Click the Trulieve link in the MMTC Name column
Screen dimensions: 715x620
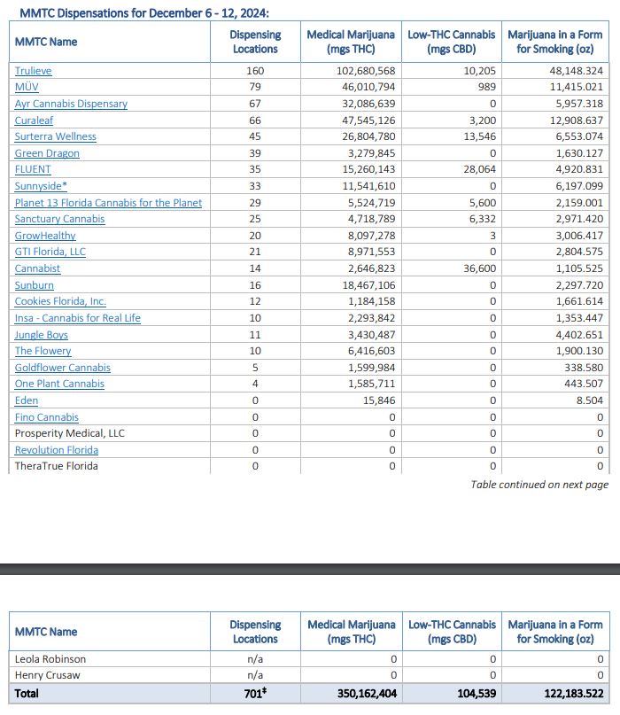pos(33,70)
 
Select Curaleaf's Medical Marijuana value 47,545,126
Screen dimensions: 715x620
pos(366,120)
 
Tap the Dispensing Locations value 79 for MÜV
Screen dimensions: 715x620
pos(255,87)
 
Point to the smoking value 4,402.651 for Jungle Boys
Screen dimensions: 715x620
pos(576,335)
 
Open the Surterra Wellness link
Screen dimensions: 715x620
pos(55,136)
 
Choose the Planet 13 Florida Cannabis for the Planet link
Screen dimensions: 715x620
pos(108,203)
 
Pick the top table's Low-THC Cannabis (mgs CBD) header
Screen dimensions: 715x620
pos(452,42)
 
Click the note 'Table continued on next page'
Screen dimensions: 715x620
pos(539,485)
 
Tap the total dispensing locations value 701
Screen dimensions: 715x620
pos(255,694)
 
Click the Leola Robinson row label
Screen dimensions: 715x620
pos(50,659)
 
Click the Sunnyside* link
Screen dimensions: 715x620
pos(41,186)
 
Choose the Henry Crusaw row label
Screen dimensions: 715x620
pos(47,675)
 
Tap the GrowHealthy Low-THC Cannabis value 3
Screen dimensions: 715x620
pos(492,236)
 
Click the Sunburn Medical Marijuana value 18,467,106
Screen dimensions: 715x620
pos(366,285)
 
